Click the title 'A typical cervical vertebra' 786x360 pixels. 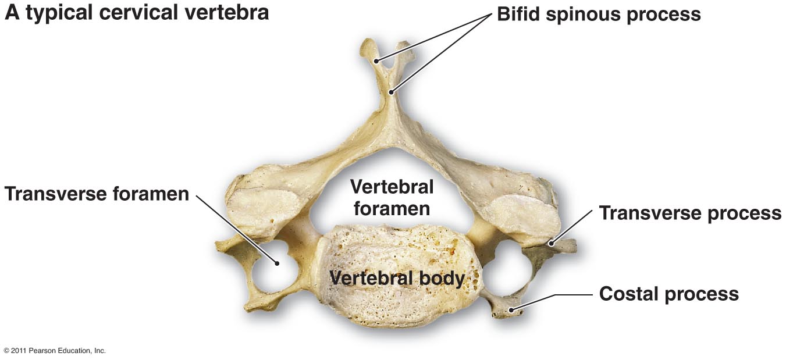(x=137, y=13)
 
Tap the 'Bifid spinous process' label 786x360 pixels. (x=599, y=14)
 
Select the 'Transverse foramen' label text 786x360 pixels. (x=97, y=194)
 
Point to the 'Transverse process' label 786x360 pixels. (x=690, y=213)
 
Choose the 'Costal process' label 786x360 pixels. (x=668, y=294)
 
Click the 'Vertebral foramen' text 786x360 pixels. (x=392, y=197)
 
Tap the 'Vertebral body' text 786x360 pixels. (x=397, y=278)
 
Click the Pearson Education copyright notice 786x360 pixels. (x=55, y=351)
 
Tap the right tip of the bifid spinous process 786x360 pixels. (x=409, y=54)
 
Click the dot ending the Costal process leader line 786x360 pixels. (x=511, y=310)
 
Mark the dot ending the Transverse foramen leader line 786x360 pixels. (x=278, y=263)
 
